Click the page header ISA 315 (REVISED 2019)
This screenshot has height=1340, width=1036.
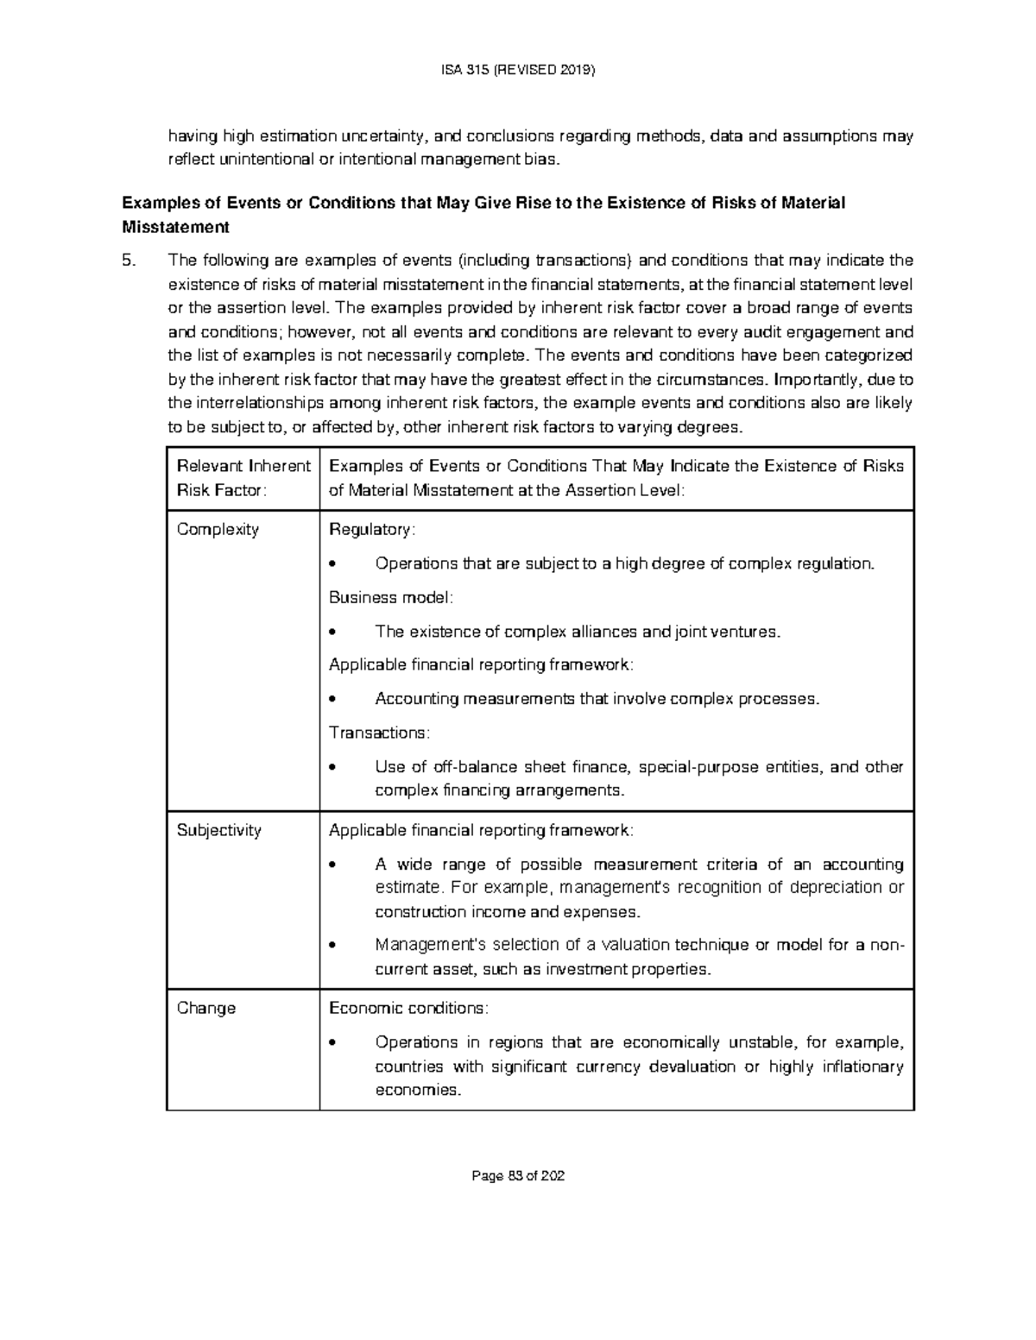pos(517,71)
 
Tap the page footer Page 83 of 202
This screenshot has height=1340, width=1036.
pos(517,1176)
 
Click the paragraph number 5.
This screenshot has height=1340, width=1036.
pos(129,261)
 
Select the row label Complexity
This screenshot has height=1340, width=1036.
pos(218,530)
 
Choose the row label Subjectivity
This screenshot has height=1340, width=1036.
pos(218,830)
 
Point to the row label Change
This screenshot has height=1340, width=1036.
pos(205,1008)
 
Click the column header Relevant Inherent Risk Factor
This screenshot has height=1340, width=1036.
pos(243,478)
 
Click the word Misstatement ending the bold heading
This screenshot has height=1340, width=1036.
pos(176,228)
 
